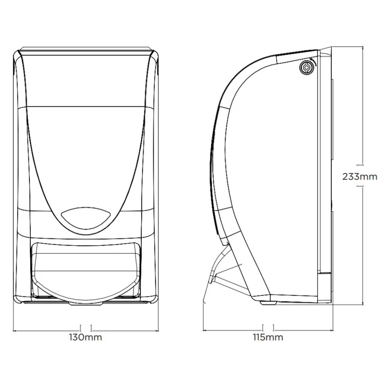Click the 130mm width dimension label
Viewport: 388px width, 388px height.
click(85, 337)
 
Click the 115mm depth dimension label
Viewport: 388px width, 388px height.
click(268, 337)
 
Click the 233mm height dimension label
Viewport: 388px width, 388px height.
click(360, 177)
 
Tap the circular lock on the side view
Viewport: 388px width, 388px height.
click(306, 67)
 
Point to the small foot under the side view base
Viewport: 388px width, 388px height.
click(269, 303)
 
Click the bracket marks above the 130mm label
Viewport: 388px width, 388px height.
click(86, 328)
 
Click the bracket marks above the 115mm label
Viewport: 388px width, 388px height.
click(268, 327)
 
